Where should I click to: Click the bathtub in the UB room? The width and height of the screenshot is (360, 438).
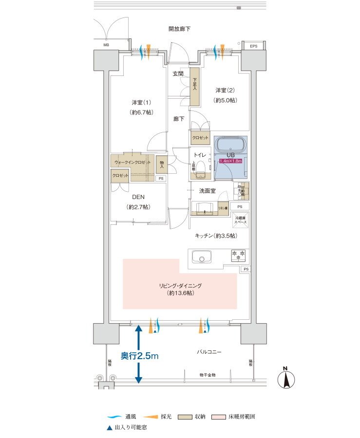click(230, 146)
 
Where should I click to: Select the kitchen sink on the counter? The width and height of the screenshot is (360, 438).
click(201, 256)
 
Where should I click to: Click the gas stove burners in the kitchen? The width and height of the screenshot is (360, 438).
click(238, 255)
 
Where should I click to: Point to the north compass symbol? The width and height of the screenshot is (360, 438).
click(287, 378)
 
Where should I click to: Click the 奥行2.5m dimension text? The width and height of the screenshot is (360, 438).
click(140, 356)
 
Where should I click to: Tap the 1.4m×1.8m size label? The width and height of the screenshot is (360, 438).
click(230, 161)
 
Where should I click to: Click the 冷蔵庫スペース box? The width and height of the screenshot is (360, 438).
click(241, 219)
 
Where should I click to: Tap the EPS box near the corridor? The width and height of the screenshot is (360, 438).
click(253, 46)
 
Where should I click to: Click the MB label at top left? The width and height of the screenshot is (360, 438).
click(106, 45)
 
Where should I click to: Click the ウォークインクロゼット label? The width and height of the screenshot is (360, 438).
click(132, 162)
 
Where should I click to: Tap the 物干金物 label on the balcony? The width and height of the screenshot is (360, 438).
click(208, 375)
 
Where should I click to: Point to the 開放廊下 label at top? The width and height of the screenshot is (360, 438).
click(179, 29)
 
